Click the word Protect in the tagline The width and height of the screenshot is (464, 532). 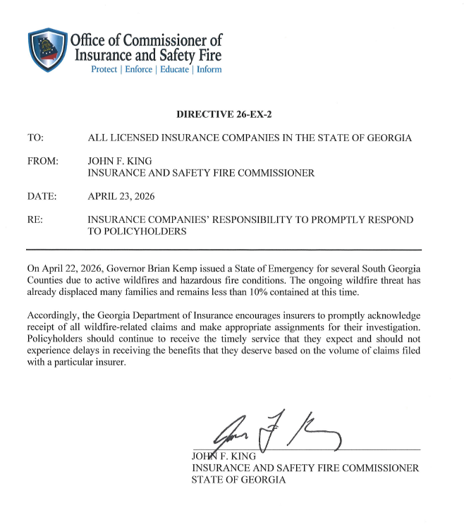(104, 70)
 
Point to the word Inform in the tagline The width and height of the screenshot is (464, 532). (209, 70)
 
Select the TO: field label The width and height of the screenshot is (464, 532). (35, 138)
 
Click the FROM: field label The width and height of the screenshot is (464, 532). (42, 162)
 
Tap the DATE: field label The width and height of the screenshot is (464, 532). (41, 195)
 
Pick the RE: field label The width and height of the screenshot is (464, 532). (35, 219)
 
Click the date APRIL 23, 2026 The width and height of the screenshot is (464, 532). (121, 195)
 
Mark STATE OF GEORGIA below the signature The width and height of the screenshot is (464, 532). (239, 480)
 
